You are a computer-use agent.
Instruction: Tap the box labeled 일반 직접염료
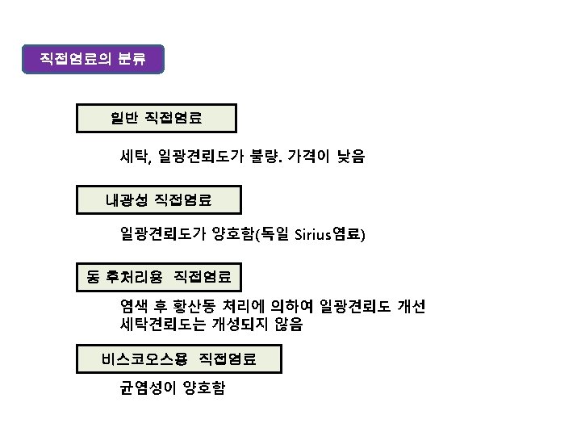pyautogui.click(x=157, y=118)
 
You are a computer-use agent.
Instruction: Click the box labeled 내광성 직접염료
pyautogui.click(x=160, y=198)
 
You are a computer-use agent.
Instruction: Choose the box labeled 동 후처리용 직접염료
pyautogui.click(x=159, y=277)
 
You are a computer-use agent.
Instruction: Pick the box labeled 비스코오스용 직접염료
pyautogui.click(x=179, y=358)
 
